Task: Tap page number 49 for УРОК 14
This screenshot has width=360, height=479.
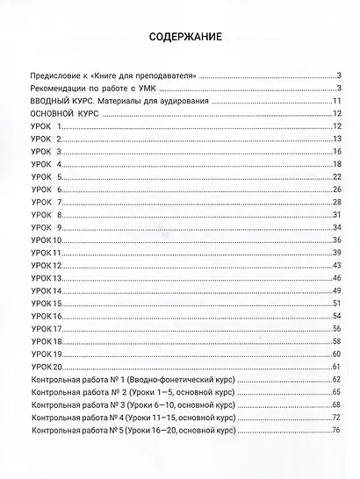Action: tap(336, 290)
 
